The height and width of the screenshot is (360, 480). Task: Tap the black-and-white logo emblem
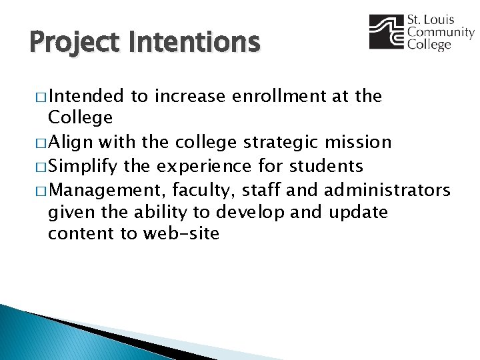point(386,32)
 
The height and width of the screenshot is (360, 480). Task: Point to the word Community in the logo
point(441,33)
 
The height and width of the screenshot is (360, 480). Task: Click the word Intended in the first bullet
point(86,97)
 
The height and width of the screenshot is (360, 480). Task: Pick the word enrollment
point(278,97)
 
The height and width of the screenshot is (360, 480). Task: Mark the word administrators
point(387,191)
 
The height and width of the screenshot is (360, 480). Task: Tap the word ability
point(158,212)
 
